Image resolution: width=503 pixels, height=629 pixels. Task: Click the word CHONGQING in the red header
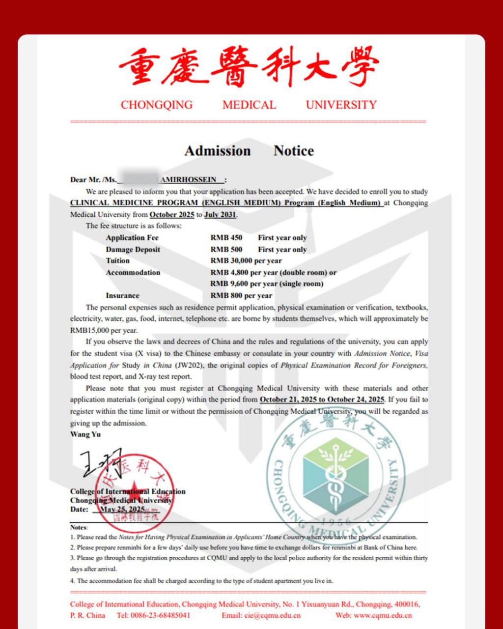tap(157, 105)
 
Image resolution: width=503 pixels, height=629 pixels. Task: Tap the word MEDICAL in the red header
tap(249, 105)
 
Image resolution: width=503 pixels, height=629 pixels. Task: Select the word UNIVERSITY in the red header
tap(341, 105)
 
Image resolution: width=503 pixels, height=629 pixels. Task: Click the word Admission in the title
tap(218, 151)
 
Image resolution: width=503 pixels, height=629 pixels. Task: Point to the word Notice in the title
tap(294, 151)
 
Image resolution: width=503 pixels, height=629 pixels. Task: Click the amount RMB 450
tap(226, 238)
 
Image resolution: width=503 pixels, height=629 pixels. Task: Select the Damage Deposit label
tap(133, 250)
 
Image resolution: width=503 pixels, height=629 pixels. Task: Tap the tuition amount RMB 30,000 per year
tap(246, 261)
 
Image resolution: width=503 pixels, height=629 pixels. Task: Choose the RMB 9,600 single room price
tap(267, 284)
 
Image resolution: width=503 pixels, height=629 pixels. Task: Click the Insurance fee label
tap(122, 296)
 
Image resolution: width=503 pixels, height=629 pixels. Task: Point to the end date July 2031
tap(221, 215)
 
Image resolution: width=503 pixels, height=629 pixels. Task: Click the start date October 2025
tap(172, 215)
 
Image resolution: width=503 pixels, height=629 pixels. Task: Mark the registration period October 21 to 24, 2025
tap(322, 400)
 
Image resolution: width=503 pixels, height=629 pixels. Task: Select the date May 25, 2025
tap(122, 510)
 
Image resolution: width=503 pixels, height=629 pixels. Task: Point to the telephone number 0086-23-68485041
tap(160, 616)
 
